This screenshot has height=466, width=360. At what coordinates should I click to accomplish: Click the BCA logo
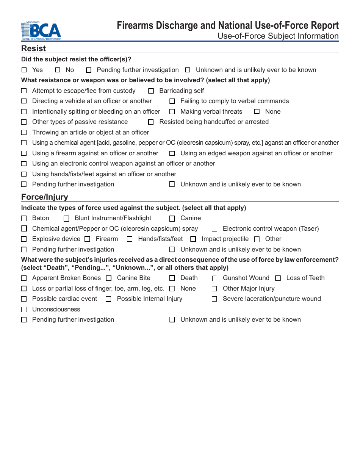41,31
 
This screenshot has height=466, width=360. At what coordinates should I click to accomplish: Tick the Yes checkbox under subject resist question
24,70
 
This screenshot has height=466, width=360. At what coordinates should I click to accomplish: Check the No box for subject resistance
58,70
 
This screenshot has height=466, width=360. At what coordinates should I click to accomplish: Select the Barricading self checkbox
151,91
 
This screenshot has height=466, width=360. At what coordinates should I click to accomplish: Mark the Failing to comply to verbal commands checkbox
172,101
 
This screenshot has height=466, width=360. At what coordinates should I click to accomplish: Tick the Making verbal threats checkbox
172,112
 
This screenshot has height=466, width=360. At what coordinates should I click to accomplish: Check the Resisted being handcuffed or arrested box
151,122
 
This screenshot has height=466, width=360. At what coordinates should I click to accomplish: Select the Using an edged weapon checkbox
172,153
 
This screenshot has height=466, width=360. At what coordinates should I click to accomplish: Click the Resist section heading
33,48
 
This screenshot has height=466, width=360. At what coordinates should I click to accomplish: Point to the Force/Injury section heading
44,197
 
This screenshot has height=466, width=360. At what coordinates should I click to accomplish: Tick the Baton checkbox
24,219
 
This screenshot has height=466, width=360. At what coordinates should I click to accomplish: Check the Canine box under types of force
172,219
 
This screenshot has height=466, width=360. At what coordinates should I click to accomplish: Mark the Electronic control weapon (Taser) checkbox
214,229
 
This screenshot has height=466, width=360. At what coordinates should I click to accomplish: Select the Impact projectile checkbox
193,239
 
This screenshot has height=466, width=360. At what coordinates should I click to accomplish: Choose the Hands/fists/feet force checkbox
130,239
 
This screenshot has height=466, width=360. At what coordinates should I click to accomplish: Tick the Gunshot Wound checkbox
214,278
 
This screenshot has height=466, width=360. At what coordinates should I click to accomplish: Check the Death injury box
172,278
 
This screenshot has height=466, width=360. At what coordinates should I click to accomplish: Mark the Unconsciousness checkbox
24,310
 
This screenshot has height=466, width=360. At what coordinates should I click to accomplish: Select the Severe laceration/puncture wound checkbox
214,299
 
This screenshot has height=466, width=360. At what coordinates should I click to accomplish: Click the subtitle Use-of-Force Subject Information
278,36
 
